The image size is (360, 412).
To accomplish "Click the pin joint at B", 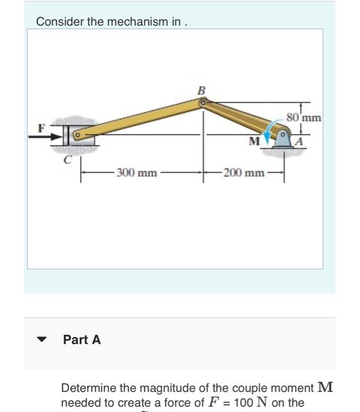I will tap(203, 103).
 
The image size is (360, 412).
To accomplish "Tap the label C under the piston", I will tap(68, 159).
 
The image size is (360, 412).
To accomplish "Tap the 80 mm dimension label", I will tap(304, 117).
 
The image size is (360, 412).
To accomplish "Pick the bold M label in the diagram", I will tap(254, 141).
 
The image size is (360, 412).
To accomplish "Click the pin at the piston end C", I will tap(76, 136).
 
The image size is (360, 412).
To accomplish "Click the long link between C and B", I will tap(138, 119).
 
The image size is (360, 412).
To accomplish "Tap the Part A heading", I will tap(82, 340).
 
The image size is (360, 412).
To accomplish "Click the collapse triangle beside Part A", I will tap(41, 340).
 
